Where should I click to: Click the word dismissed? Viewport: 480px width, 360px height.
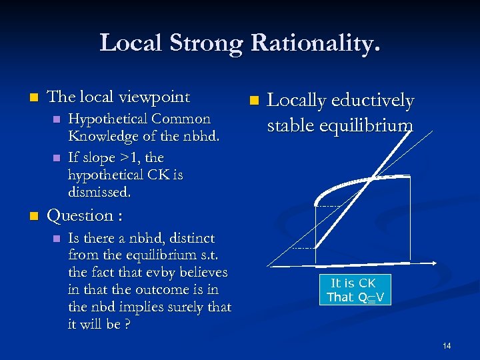click(100, 193)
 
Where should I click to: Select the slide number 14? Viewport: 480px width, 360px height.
click(447, 345)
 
